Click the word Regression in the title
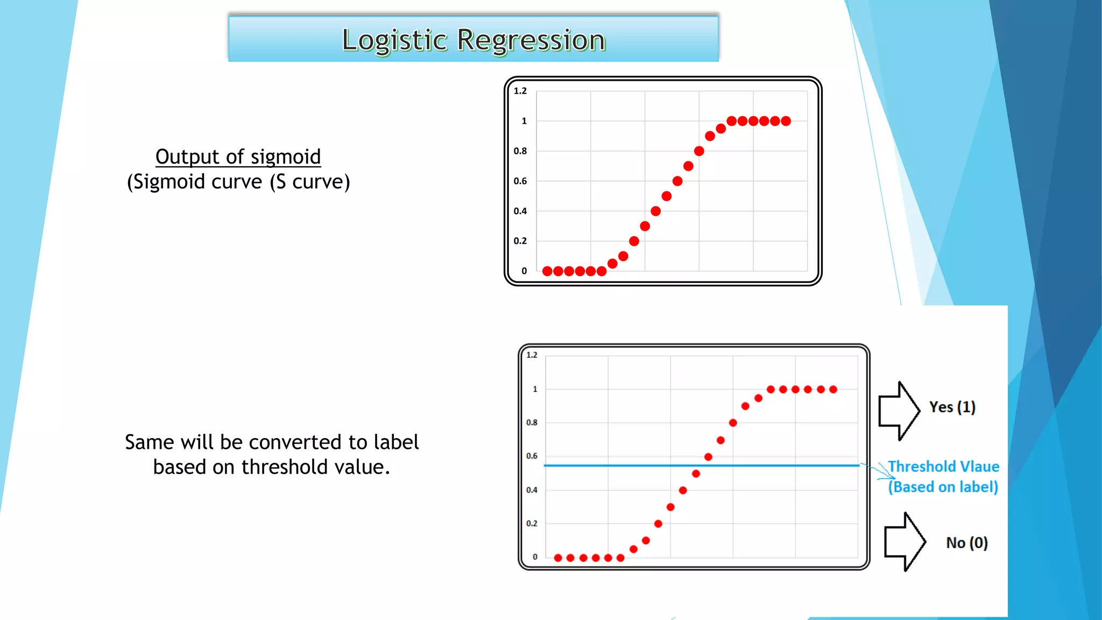point(531,40)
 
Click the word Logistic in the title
point(394,40)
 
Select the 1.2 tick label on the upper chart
point(520,91)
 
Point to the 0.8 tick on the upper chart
point(520,151)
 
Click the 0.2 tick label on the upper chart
point(520,241)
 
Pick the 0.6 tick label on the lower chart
point(532,456)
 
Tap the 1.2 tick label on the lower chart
point(532,355)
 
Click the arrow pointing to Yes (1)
point(899,411)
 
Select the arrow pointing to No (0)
point(905,541)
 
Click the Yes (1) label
point(952,407)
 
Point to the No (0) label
point(967,543)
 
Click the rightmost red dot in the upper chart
point(786,121)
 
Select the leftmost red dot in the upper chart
point(547,271)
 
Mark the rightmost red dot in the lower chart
point(833,390)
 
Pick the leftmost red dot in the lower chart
point(558,558)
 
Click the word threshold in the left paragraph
point(285,467)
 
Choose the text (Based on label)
point(943,487)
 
